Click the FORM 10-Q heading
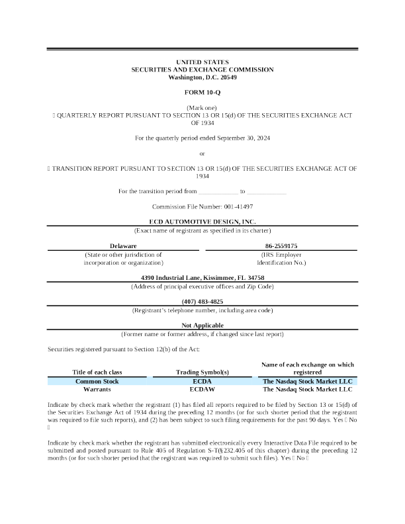pos(202,92)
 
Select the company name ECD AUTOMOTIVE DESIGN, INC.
pos(202,222)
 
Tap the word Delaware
pos(123,245)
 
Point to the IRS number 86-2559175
pos(281,245)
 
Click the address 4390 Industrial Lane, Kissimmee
pos(202,277)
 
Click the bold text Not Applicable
pos(202,326)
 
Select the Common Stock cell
pos(97,382)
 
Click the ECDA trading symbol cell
pos(202,382)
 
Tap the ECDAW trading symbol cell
pos(202,390)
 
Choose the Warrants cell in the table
pos(97,390)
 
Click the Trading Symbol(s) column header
pos(202,372)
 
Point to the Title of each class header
pos(97,372)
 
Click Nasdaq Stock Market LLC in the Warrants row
pos(308,390)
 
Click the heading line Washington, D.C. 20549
pos(202,77)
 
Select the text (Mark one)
pos(202,107)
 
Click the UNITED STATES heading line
pos(202,62)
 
